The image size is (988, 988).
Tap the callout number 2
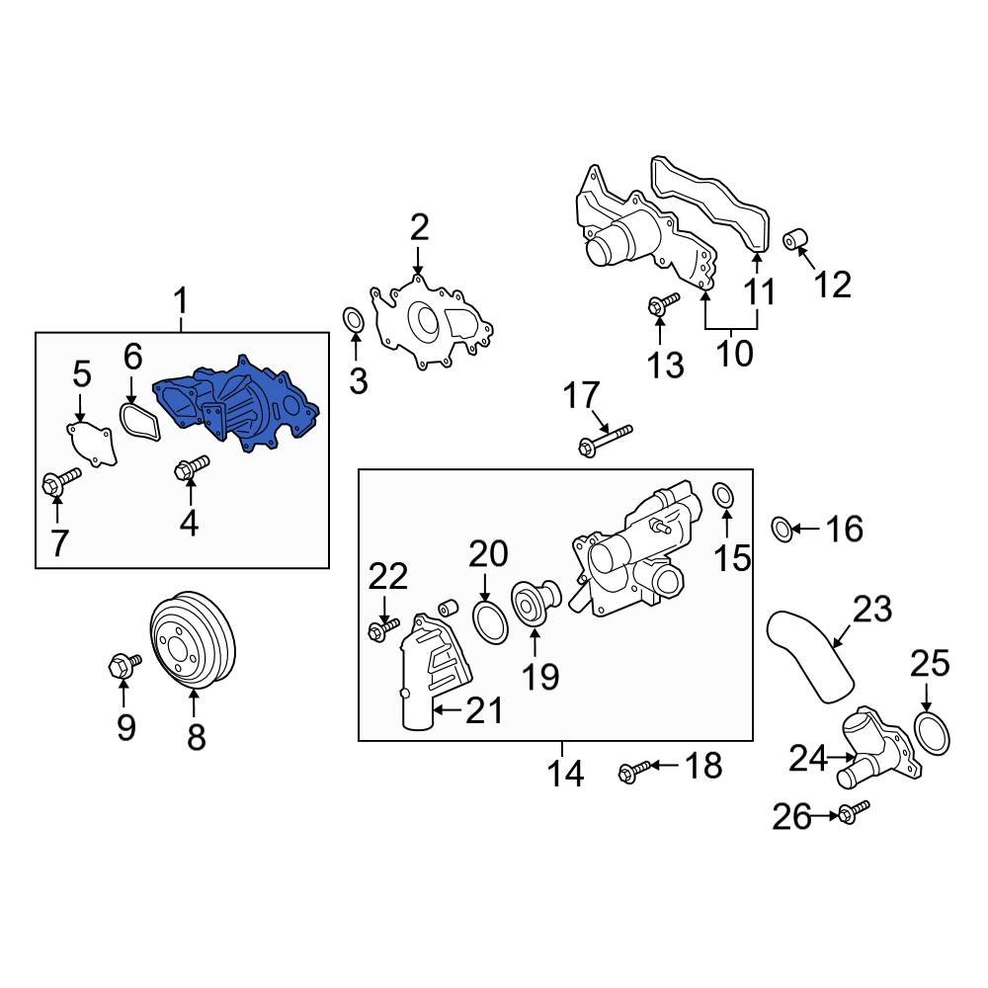(x=419, y=229)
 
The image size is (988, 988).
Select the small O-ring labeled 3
(x=353, y=320)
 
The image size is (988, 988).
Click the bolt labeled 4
(x=191, y=468)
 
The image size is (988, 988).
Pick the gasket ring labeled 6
(x=138, y=420)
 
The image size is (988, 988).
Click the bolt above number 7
(x=60, y=483)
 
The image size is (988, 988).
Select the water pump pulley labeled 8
(x=193, y=642)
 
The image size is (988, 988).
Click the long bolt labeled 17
(x=605, y=440)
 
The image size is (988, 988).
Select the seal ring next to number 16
(x=781, y=529)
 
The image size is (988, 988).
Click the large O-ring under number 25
(x=931, y=732)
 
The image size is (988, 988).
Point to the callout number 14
(x=566, y=774)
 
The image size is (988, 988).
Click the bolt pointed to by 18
(x=635, y=768)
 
